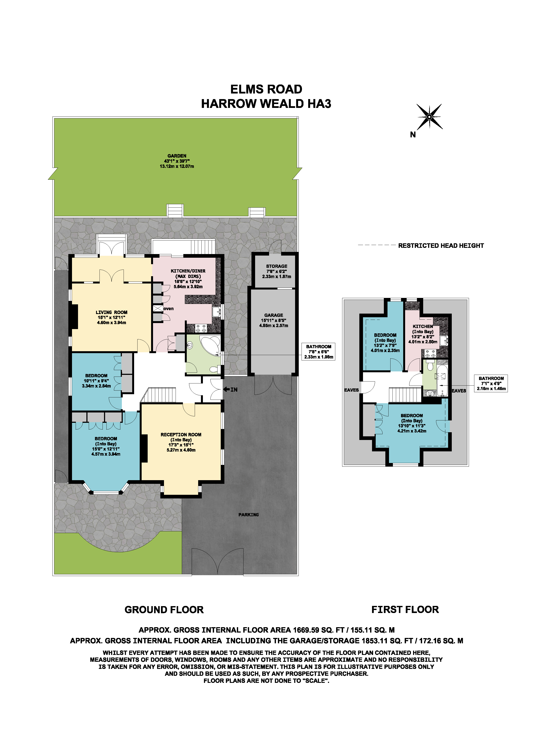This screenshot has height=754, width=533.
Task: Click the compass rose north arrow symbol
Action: pyautogui.click(x=429, y=117)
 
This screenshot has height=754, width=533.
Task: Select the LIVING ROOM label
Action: pyautogui.click(x=111, y=312)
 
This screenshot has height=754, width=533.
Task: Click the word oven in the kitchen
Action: pyautogui.click(x=168, y=309)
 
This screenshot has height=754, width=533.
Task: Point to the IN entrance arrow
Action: pyautogui.click(x=231, y=389)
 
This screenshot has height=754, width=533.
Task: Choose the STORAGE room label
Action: pyautogui.click(x=277, y=266)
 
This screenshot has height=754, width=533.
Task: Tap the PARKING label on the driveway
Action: pyautogui.click(x=249, y=515)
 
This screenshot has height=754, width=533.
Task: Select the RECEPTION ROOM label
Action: pyautogui.click(x=181, y=434)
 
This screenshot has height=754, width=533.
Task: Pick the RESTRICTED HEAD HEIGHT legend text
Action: pyautogui.click(x=441, y=246)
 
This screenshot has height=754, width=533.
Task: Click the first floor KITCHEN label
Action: pyautogui.click(x=423, y=326)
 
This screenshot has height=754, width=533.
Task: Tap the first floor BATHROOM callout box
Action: pyautogui.click(x=491, y=383)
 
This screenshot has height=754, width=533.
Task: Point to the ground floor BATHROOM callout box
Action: pyautogui.click(x=318, y=352)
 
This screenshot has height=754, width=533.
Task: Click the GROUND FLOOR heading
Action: pyautogui.click(x=164, y=610)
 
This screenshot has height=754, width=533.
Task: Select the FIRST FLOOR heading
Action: pyautogui.click(x=405, y=610)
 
